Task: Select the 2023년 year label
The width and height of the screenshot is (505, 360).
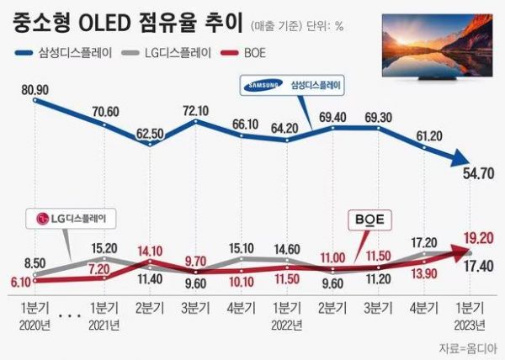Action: point(469,323)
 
